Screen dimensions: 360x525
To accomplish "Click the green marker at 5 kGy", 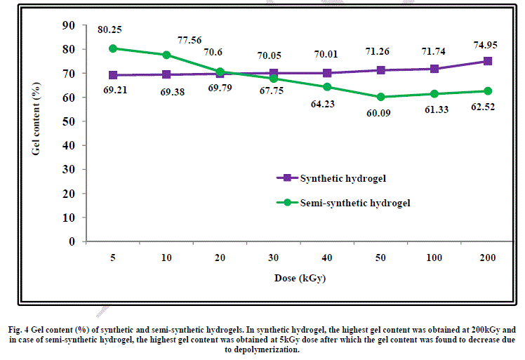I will (x=112, y=48).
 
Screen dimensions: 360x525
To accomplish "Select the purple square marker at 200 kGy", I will (x=488, y=61).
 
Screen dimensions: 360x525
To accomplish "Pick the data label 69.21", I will (x=112, y=91).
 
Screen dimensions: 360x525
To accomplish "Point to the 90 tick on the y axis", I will (x=69, y=25).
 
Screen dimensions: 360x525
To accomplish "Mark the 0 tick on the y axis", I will (x=72, y=241).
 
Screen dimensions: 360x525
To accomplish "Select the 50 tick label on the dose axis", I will (x=380, y=258).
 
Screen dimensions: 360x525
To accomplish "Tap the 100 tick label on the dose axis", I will (x=434, y=258).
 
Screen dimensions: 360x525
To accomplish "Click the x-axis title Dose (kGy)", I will (x=300, y=279).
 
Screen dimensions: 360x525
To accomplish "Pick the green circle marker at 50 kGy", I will (x=380, y=97).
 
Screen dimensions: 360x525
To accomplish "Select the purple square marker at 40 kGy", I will (x=327, y=73).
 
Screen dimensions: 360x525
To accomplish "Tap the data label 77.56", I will (x=190, y=40).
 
